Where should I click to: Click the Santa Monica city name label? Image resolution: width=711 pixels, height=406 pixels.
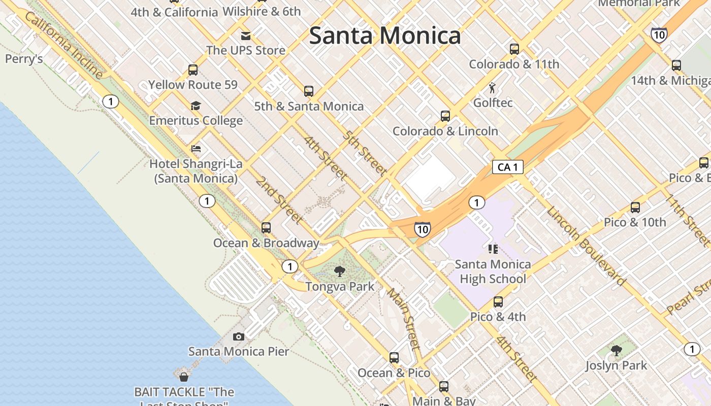tap(385, 36)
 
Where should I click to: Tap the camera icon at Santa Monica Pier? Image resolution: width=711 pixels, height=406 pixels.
tap(239, 336)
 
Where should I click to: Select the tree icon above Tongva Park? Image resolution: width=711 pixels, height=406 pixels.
tap(340, 272)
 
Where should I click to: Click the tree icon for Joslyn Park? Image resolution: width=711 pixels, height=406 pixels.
tap(616, 351)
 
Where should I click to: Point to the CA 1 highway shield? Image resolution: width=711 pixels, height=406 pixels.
tap(507, 167)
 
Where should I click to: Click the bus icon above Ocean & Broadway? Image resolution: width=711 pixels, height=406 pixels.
tap(266, 228)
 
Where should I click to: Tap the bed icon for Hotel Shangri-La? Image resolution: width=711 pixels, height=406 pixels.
tap(196, 149)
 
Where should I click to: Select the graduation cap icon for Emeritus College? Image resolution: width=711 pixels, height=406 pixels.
tap(196, 106)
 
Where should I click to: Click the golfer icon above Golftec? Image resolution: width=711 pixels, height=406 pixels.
tap(492, 88)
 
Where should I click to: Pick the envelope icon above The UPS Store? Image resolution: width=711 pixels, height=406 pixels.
tap(246, 36)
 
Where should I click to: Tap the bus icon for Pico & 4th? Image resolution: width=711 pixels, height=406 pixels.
tap(498, 302)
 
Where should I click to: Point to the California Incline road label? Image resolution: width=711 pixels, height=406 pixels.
tap(63, 46)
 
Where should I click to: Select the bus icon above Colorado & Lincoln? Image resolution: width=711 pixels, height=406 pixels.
tap(445, 116)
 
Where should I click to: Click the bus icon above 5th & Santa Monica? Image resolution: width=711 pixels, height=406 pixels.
tap(309, 91)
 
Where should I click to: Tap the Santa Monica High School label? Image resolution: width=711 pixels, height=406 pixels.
tap(493, 272)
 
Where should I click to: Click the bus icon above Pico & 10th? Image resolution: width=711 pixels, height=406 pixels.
tap(635, 208)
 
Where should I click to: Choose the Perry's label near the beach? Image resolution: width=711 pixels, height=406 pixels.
tap(24, 59)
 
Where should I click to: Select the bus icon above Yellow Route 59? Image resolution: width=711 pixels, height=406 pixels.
tap(193, 70)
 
